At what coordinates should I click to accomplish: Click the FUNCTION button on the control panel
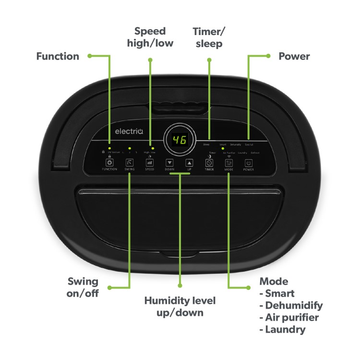click(109, 163)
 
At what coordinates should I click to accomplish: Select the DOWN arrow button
click(169, 163)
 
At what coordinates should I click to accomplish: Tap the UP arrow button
click(189, 163)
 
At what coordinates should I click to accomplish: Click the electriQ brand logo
click(125, 131)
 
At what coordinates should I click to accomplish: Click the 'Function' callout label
click(58, 56)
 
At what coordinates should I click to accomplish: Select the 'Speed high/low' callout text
click(150, 37)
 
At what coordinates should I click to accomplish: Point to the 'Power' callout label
click(294, 56)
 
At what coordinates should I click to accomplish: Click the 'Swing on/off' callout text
click(83, 287)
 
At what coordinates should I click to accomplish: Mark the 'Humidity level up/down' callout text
click(180, 307)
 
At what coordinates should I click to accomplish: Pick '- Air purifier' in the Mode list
click(289, 317)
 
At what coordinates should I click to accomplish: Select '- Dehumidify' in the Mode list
click(291, 305)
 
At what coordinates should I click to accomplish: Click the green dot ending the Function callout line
click(90, 56)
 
